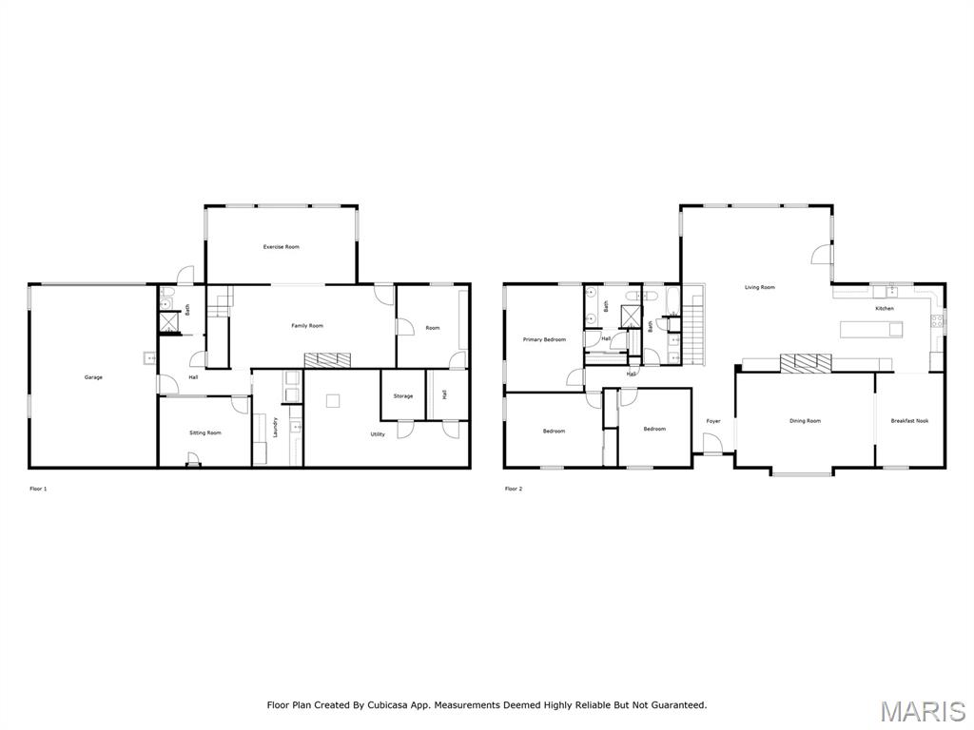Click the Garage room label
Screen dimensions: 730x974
93,377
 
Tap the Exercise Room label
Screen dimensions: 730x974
282,247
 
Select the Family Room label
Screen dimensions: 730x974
307,326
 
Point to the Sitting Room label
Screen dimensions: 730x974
205,432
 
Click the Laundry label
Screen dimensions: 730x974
276,427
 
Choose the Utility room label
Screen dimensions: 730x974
378,434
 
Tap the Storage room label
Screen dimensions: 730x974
403,396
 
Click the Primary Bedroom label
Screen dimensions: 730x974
544,339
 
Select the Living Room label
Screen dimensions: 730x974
759,287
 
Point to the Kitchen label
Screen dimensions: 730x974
885,309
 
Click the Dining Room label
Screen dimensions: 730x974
805,421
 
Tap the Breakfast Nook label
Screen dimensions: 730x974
909,421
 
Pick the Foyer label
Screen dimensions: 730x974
713,421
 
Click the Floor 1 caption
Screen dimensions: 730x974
38,489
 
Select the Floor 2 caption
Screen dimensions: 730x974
514,489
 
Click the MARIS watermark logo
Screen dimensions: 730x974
922,712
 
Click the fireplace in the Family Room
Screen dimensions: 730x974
327,359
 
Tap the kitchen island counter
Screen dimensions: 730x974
871,329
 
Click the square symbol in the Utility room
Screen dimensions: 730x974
333,401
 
